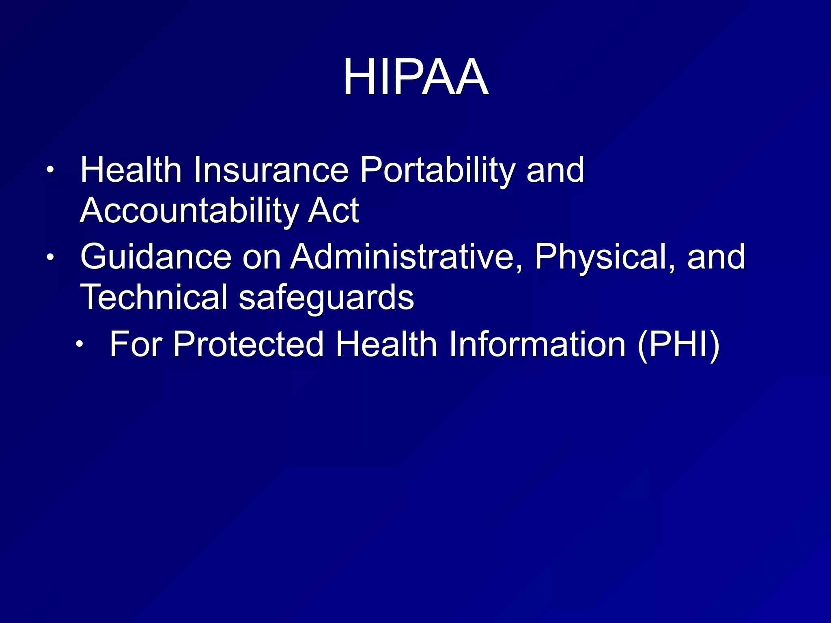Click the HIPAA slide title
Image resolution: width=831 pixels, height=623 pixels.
[415, 77]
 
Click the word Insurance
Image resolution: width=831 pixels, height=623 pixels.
[271, 170]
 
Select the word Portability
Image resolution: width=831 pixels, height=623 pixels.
[438, 170]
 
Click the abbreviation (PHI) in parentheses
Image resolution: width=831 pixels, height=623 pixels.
[679, 345]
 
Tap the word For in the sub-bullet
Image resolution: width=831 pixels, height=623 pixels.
[136, 344]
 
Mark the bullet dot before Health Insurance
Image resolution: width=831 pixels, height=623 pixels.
[50, 170]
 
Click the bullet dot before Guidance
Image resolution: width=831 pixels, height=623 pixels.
[50, 257]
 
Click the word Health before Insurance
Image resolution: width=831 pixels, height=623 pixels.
[131, 170]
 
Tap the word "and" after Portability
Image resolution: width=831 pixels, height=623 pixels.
[555, 170]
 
